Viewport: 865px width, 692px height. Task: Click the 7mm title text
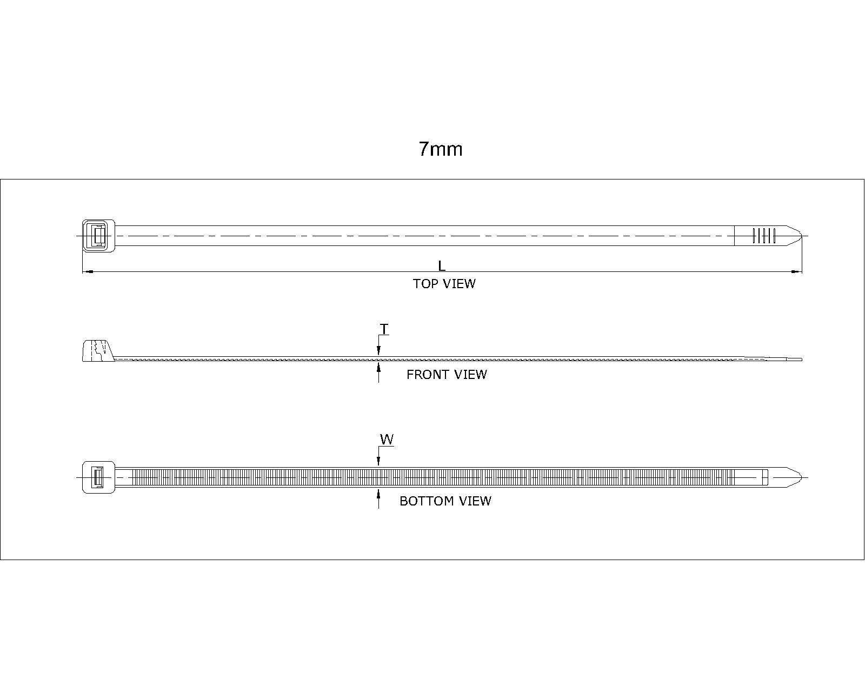pyautogui.click(x=441, y=149)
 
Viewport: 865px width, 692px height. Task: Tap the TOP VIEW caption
pyautogui.click(x=444, y=284)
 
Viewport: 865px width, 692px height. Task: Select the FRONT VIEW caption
pyautogui.click(x=447, y=375)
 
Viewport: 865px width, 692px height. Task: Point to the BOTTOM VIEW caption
pyautogui.click(x=445, y=501)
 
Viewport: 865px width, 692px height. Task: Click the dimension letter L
pyautogui.click(x=441, y=266)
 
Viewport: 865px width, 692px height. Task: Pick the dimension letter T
pyautogui.click(x=384, y=329)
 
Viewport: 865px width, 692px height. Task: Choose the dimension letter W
pyautogui.click(x=387, y=440)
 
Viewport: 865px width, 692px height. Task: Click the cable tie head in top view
pyautogui.click(x=98, y=236)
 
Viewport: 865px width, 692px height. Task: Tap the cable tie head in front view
pyautogui.click(x=98, y=351)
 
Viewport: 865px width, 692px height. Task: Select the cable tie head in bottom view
pyautogui.click(x=98, y=477)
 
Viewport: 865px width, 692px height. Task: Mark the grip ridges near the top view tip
pyautogui.click(x=764, y=236)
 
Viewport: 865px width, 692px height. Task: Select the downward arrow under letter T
pyautogui.click(x=378, y=351)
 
